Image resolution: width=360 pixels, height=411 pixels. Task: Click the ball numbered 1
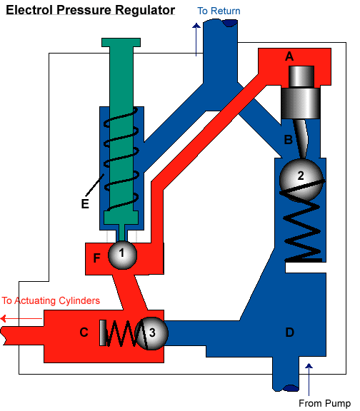[x=123, y=255]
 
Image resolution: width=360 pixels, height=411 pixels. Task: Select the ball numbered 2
[x=301, y=180]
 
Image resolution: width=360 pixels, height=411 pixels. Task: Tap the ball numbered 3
[x=152, y=333]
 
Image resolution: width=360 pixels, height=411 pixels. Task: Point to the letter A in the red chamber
[x=289, y=56]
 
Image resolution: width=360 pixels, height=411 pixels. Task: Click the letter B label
[x=288, y=140]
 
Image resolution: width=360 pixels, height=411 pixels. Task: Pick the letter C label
[x=84, y=333]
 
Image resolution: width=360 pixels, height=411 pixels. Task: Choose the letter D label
[x=289, y=333]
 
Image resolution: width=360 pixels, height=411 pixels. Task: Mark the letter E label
[x=85, y=203]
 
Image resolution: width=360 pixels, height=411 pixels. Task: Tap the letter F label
[x=96, y=258]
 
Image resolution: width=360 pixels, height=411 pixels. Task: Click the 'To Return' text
[x=219, y=11]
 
